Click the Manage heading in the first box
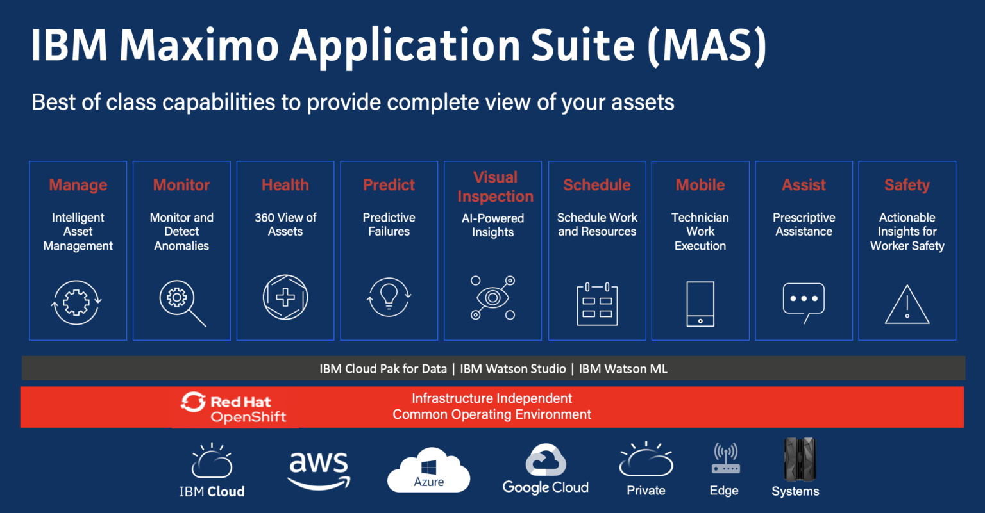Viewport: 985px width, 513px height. pyautogui.click(x=78, y=185)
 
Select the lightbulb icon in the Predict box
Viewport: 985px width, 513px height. pyautogui.click(x=389, y=297)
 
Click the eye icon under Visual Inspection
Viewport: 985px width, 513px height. pyautogui.click(x=492, y=298)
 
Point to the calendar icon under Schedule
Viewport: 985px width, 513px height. pyautogui.click(x=597, y=304)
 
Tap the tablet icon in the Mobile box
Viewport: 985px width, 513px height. pyautogui.click(x=700, y=304)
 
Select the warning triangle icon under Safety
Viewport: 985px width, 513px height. pyautogui.click(x=907, y=304)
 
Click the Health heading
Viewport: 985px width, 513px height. pyautogui.click(x=285, y=185)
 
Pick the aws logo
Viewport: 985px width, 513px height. pyautogui.click(x=319, y=470)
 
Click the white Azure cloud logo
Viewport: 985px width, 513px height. pyautogui.click(x=429, y=470)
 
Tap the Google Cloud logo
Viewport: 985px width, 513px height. pyautogui.click(x=545, y=469)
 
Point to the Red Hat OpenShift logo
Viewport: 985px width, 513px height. pyautogui.click(x=233, y=407)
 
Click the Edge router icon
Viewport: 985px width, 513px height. pyautogui.click(x=725, y=458)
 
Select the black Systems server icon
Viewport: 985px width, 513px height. pyautogui.click(x=800, y=459)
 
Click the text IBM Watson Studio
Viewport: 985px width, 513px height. pyautogui.click(x=513, y=369)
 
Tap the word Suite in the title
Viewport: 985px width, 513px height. pyautogui.click(x=583, y=45)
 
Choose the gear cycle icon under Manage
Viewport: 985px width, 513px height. pyautogui.click(x=76, y=303)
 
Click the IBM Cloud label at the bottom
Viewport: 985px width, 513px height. pyautogui.click(x=212, y=491)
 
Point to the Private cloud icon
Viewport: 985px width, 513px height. pyautogui.click(x=646, y=460)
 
